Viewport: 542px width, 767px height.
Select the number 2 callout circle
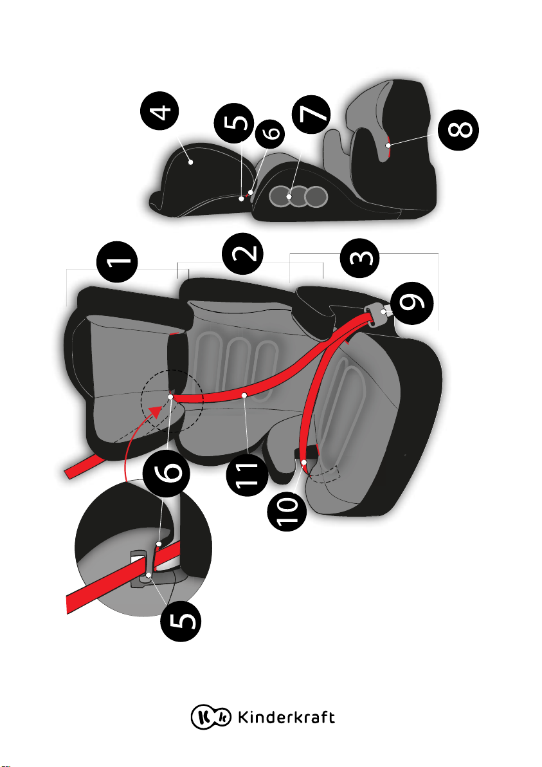coord(242,254)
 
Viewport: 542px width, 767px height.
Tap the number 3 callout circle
coord(360,258)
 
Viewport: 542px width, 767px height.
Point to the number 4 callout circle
coord(159,111)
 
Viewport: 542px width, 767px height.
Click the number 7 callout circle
coord(311,114)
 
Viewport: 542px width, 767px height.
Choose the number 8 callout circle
coord(458,129)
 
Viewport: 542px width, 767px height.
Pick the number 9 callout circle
coord(413,303)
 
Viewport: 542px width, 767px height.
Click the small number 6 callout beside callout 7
coord(270,132)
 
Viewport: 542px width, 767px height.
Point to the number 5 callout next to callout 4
coord(234,123)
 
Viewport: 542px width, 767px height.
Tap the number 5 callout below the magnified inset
coord(181,621)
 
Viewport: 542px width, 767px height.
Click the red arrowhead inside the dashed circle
coord(156,411)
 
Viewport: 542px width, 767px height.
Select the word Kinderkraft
coord(286,717)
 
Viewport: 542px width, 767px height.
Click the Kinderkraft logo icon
coord(211,717)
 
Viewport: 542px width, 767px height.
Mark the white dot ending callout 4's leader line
coord(190,162)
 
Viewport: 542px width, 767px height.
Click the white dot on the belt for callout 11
coord(244,394)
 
